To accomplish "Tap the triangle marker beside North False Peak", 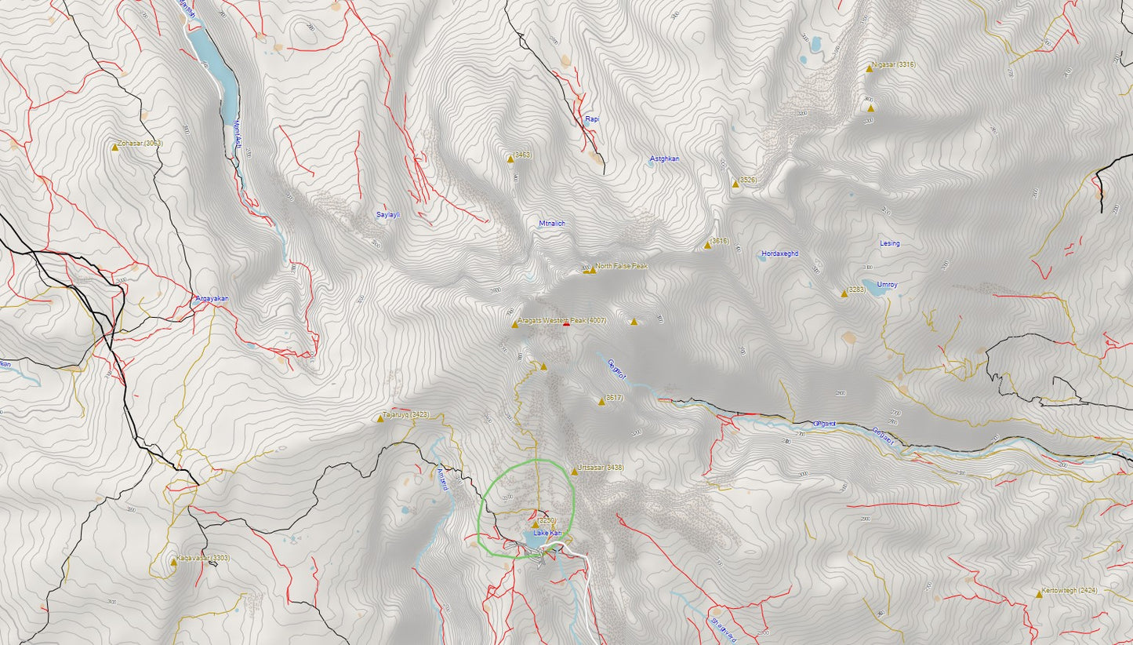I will point(593,270).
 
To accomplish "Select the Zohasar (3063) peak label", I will point(140,144).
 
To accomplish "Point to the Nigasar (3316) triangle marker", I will point(869,69).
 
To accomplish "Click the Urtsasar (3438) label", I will point(600,468).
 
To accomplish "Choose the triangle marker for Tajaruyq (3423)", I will point(380,419).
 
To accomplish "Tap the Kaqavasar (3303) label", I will point(202,558).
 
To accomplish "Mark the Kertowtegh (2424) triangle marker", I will point(1039,595).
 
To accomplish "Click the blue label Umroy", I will point(887,285).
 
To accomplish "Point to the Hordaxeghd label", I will point(779,253).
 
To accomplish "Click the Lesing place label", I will point(890,243).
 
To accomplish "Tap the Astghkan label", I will point(664,159).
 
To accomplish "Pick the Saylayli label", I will point(388,214).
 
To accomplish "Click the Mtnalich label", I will point(552,224).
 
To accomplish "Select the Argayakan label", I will point(211,298).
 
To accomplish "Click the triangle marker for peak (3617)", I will point(601,402).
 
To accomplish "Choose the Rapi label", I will point(592,119).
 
